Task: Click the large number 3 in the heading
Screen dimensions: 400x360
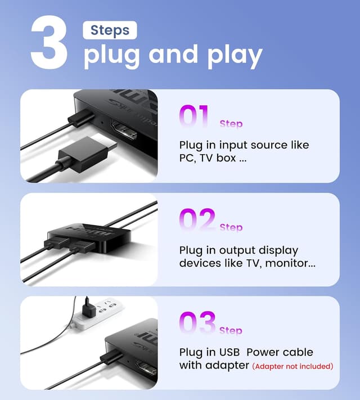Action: pos(49,42)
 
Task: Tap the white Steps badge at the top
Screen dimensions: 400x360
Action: pos(110,30)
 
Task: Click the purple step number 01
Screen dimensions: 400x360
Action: pos(195,116)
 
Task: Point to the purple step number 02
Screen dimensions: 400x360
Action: pos(196,219)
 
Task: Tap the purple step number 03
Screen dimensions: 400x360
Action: pos(197,322)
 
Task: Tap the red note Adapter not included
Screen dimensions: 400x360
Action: pos(292,366)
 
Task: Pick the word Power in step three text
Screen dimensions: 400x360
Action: pos(271,353)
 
